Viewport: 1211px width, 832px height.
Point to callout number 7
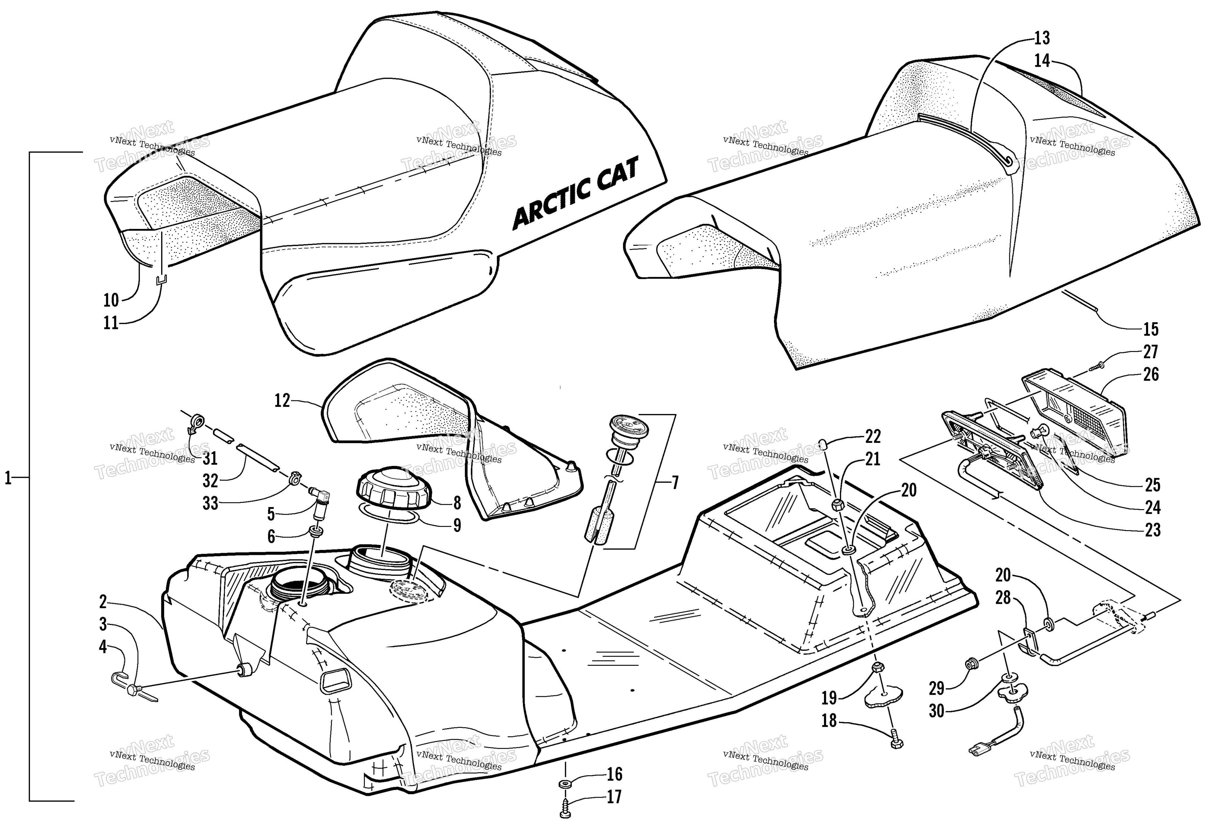675,483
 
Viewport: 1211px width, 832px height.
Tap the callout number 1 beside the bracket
8,478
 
